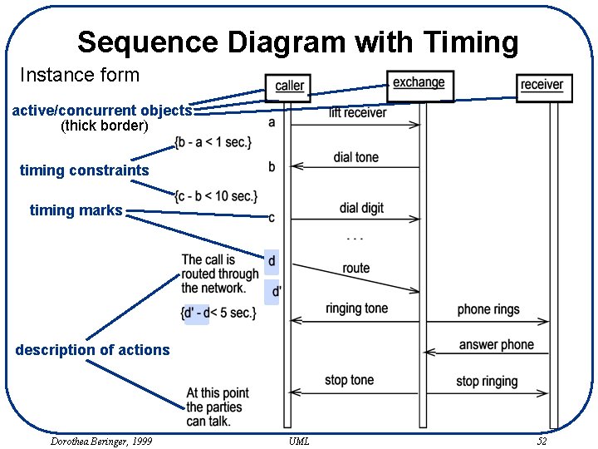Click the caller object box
(x=289, y=86)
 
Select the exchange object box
(x=419, y=82)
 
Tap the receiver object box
(x=542, y=85)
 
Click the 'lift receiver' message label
(x=357, y=112)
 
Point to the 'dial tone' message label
(x=355, y=157)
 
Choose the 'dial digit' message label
(x=361, y=208)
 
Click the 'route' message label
(x=355, y=268)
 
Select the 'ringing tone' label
(x=356, y=308)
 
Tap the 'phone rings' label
(x=488, y=309)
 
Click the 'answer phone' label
(x=496, y=344)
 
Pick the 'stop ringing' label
(x=487, y=381)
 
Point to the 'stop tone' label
(x=349, y=380)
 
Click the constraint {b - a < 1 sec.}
(x=213, y=142)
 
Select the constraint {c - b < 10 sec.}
(x=216, y=196)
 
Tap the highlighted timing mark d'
(x=277, y=291)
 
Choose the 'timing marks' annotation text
(x=76, y=210)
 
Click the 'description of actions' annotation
(x=92, y=350)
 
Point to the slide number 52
(x=542, y=442)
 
